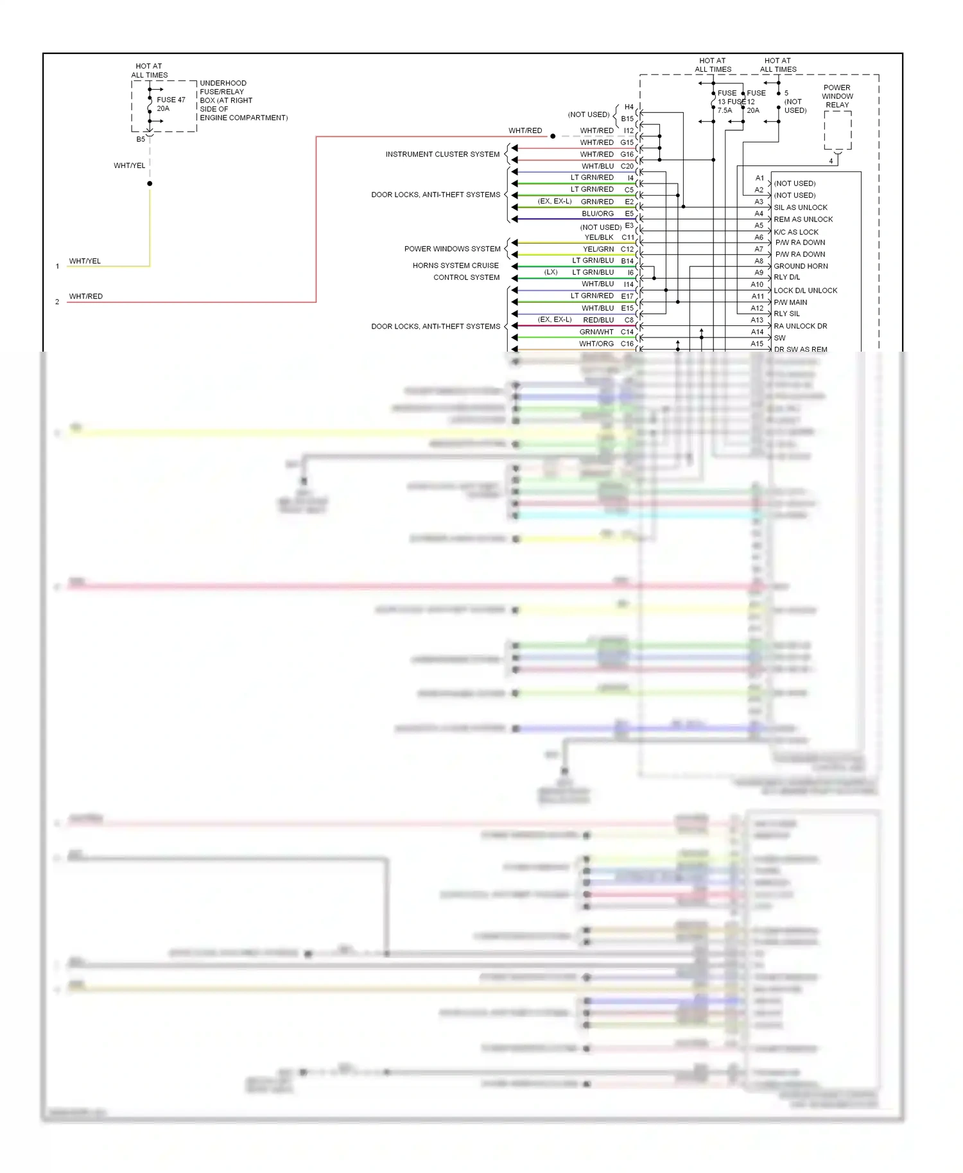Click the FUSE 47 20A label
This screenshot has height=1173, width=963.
[171, 104]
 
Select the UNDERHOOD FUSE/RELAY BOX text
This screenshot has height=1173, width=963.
[243, 100]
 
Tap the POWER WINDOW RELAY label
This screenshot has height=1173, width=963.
[837, 96]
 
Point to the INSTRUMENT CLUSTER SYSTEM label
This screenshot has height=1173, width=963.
[442, 154]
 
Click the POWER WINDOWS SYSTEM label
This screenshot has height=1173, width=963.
[452, 249]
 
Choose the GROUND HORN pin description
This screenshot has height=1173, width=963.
[801, 266]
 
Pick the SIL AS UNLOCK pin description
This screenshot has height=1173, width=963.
[800, 207]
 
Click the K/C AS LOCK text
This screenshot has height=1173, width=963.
[796, 232]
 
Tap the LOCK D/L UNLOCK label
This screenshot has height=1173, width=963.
[805, 290]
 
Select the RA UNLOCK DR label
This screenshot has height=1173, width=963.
[800, 326]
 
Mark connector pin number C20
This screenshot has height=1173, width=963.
[627, 166]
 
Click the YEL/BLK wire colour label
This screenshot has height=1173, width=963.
[599, 237]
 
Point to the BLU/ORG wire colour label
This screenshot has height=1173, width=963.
[598, 214]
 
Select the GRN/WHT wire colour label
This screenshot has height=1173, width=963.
[596, 332]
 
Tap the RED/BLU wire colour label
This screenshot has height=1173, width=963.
[598, 320]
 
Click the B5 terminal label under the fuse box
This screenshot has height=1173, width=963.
[141, 139]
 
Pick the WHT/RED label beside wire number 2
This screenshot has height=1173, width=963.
[86, 296]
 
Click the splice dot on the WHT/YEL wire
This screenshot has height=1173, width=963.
[150, 184]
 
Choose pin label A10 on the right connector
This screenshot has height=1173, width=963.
[757, 284]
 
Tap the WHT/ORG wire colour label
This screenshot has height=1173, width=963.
[596, 344]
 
